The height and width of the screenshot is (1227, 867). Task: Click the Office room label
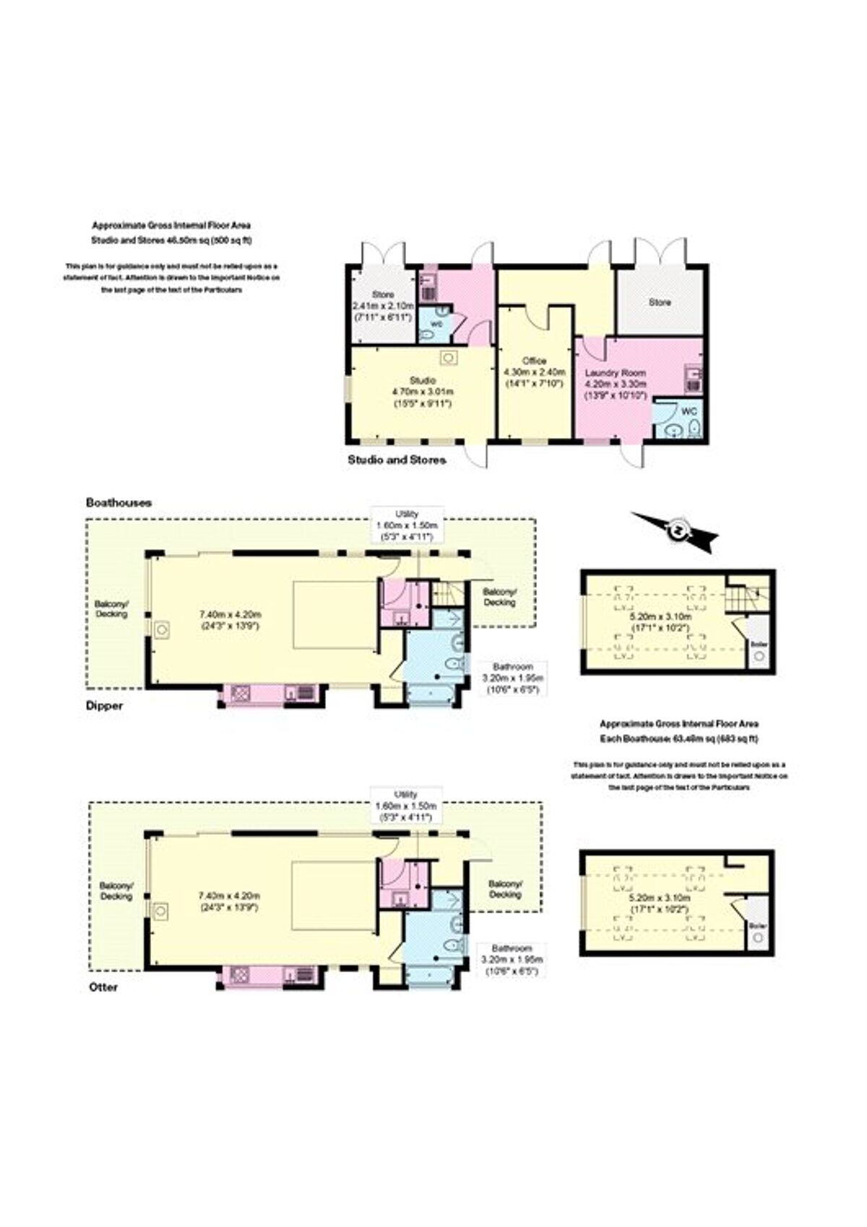coord(535,361)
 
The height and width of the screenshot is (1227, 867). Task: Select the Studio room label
coord(422,380)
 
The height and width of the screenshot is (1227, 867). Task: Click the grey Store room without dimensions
coord(659,303)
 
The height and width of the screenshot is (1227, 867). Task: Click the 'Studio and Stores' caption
coord(397,460)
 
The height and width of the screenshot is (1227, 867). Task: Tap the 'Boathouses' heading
coord(118,502)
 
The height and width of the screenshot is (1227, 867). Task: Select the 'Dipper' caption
coord(104,706)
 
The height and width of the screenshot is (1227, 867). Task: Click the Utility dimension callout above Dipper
coord(407,525)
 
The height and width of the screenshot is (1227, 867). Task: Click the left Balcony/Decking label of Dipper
coord(111,609)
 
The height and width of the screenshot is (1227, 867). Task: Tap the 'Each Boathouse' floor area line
coord(679,739)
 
